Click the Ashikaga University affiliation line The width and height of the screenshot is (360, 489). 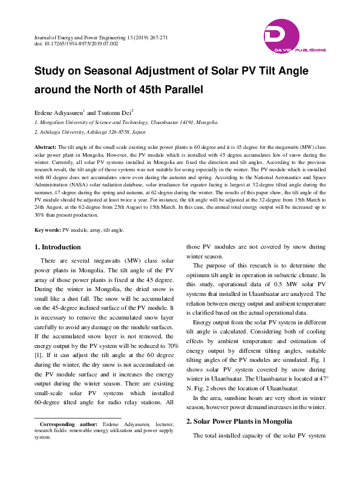pos(90,131)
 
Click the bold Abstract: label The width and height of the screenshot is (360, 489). pos(45,147)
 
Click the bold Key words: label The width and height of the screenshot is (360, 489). pos(47,231)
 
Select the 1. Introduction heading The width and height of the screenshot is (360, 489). pos(57,248)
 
